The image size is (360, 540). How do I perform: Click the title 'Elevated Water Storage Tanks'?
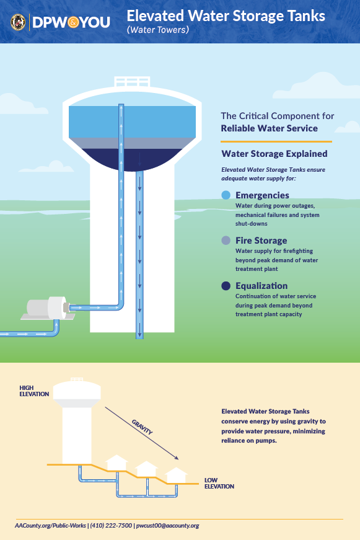click(226, 16)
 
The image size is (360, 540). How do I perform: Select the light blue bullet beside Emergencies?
click(226, 195)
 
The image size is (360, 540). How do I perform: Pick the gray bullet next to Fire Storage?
click(226, 241)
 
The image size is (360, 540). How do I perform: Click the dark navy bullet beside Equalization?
click(226, 286)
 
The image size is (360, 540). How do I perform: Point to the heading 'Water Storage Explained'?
click(274, 154)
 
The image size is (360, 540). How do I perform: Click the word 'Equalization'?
click(261, 286)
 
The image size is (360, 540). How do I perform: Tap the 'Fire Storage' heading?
click(261, 241)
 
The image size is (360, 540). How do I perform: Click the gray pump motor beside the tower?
click(46, 308)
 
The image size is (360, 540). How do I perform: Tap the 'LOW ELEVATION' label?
click(219, 483)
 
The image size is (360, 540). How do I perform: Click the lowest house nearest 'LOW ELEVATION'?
click(176, 476)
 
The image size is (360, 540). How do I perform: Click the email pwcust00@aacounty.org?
click(168, 526)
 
